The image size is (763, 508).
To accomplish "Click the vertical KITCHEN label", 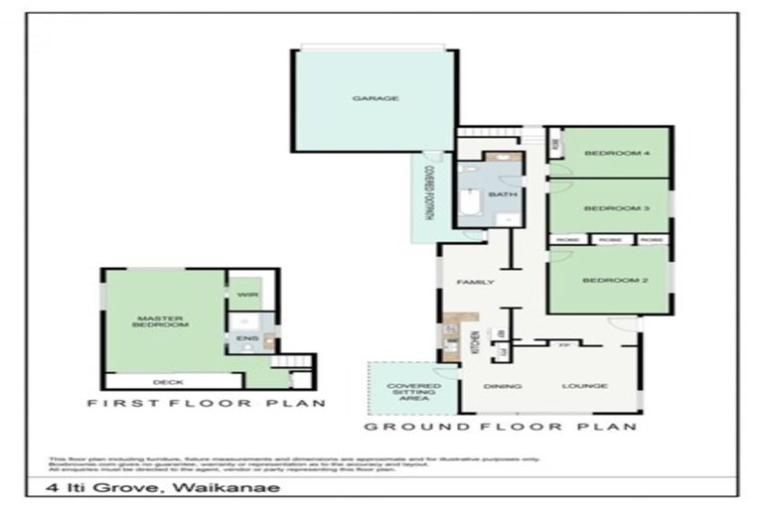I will pyautogui.click(x=475, y=343).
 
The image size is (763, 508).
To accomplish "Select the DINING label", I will pyautogui.click(x=496, y=385).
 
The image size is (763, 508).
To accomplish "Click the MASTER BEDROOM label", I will pyautogui.click(x=162, y=321).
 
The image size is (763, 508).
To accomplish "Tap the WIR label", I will pyautogui.click(x=242, y=295).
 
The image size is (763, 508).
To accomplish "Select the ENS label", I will pyautogui.click(x=240, y=338).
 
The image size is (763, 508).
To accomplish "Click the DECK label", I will pyautogui.click(x=166, y=381).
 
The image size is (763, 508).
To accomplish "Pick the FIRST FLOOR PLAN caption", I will pyautogui.click(x=207, y=404).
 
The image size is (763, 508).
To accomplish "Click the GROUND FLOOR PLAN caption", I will pyautogui.click(x=500, y=427).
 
